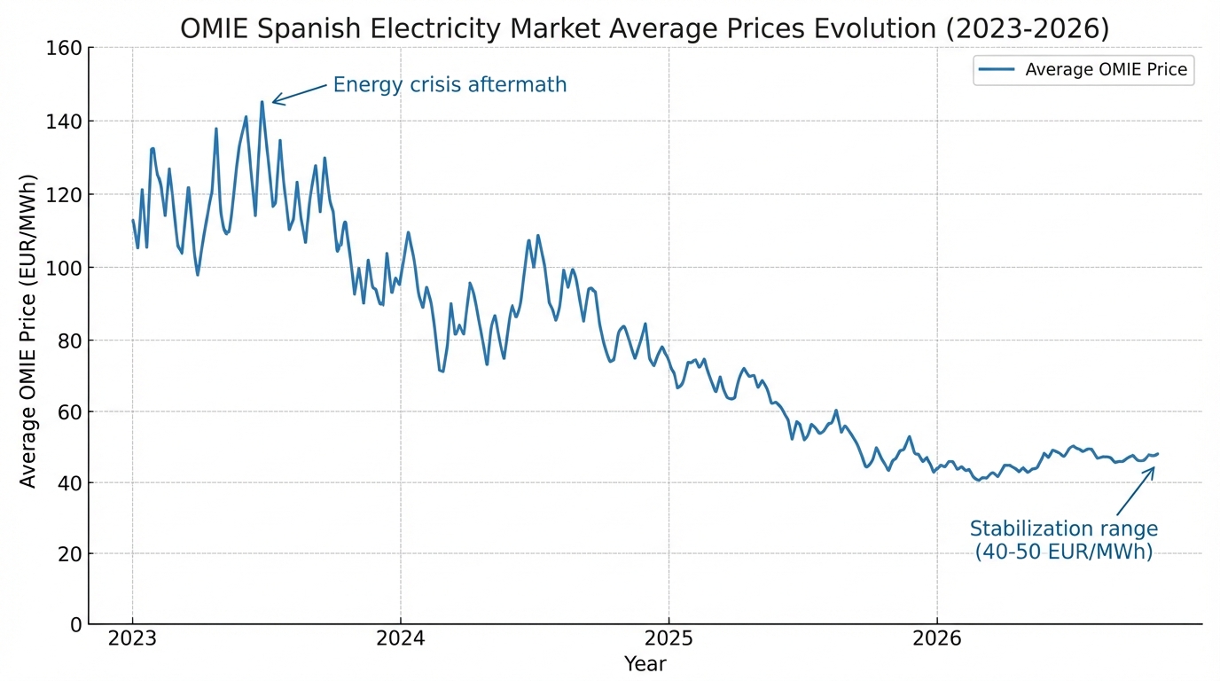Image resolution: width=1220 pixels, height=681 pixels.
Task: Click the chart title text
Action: click(x=645, y=28)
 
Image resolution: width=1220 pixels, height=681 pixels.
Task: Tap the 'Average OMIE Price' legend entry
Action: click(x=1083, y=70)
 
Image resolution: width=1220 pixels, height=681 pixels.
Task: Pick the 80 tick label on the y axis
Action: click(x=68, y=340)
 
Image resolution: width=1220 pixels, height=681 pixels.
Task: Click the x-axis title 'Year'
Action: click(x=645, y=664)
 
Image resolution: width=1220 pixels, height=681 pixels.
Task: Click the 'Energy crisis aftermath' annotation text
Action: click(x=450, y=85)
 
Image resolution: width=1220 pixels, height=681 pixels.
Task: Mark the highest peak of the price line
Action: click(x=262, y=102)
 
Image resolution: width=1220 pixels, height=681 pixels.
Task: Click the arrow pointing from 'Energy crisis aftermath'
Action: click(x=299, y=93)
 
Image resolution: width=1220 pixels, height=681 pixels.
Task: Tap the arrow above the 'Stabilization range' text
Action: click(x=1135, y=490)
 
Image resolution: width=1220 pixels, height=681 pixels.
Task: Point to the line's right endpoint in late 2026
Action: click(x=1157, y=454)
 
